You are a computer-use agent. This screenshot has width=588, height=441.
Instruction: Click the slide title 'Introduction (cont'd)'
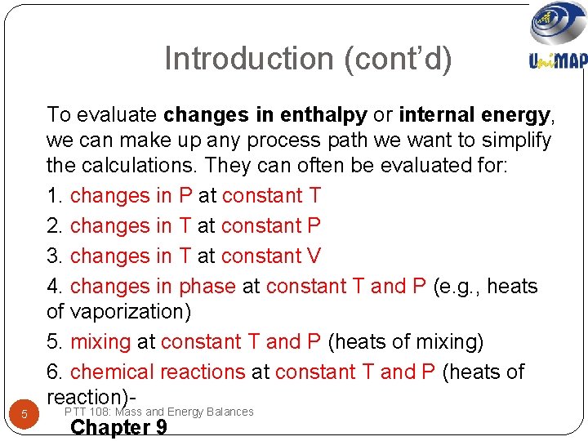tap(308, 59)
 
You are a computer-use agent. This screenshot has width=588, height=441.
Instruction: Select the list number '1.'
tap(56, 196)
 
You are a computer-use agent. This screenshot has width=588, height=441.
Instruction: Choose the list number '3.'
tap(56, 256)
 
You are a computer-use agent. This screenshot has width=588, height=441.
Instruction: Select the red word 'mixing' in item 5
tap(100, 342)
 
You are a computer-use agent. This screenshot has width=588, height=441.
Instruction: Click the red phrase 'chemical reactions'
tap(158, 372)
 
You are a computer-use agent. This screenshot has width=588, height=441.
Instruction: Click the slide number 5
tap(24, 414)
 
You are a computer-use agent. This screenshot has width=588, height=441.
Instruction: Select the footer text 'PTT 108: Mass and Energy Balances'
tap(158, 412)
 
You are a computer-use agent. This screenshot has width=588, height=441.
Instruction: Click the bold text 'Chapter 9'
tap(119, 428)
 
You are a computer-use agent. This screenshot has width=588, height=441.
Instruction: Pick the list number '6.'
tap(56, 372)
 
